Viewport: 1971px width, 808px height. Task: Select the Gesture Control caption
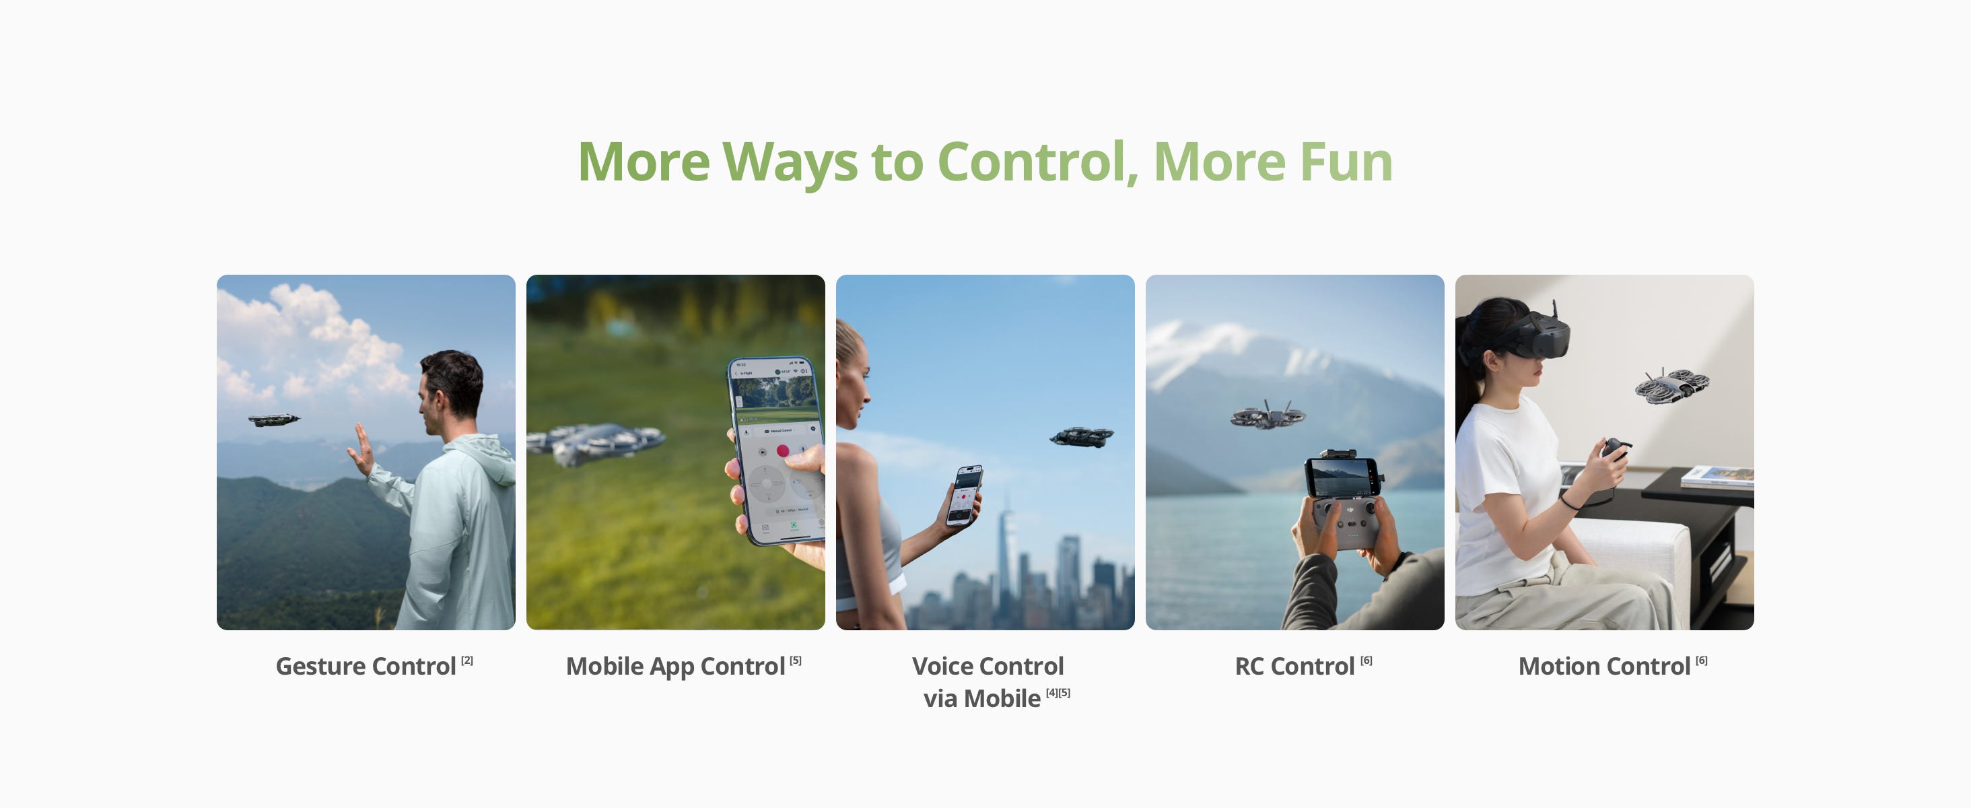366,667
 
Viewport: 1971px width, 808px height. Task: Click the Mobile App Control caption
676,667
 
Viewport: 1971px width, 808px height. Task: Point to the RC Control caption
1294,667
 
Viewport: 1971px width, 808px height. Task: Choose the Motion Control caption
1605,667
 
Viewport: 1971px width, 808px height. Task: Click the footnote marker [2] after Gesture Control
466,661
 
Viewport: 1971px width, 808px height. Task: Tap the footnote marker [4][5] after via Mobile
1058,692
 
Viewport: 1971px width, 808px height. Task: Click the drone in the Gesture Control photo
273,419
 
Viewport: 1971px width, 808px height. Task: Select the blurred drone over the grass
596,443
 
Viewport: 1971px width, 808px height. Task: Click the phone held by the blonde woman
964,495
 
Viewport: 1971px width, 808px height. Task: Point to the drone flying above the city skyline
1081,437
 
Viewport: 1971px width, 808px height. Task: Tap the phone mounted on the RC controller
1343,476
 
